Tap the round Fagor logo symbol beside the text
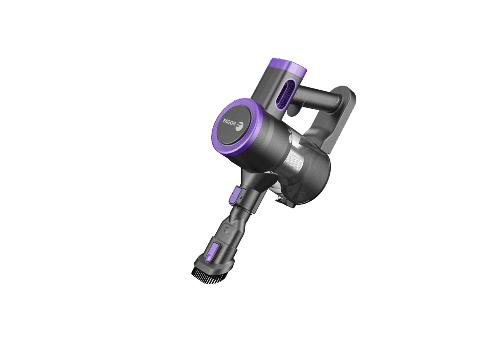point(240,126)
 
